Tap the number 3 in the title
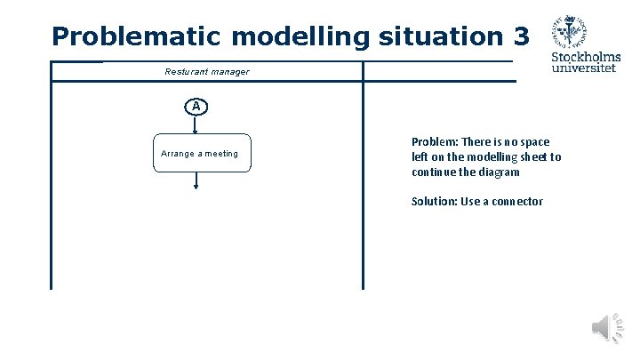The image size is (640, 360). coord(520,36)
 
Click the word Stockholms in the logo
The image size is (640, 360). coord(586,58)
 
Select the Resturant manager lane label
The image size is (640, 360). coord(207,71)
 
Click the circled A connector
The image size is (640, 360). coord(196,107)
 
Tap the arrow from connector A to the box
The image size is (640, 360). coord(196,124)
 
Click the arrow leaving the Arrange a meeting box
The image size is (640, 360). coord(196,180)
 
